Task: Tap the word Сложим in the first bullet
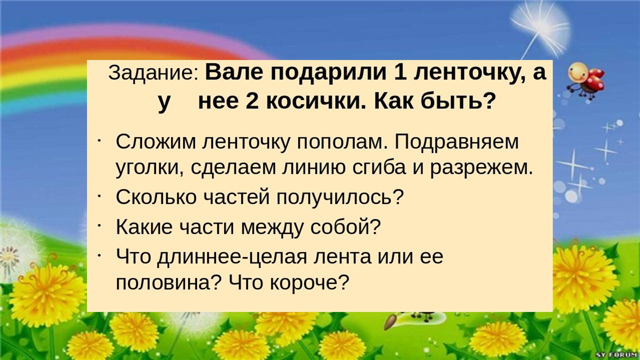click(156, 141)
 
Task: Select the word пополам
click(342, 142)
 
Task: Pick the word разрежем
click(481, 168)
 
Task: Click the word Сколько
click(156, 196)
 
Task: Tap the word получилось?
click(339, 197)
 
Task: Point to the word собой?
click(345, 226)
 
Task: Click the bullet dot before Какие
click(99, 225)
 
